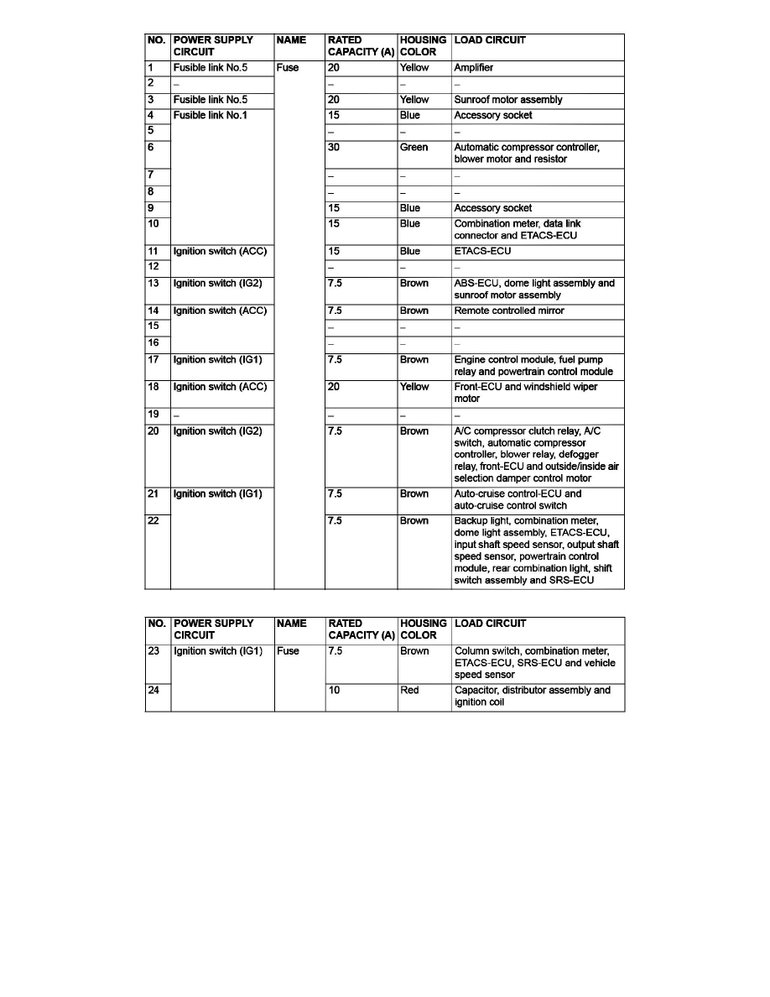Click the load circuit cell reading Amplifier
474,68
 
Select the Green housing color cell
414,148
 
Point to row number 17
153,360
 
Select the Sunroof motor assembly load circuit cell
508,100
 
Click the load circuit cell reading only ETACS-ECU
482,251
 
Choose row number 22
153,521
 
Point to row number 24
153,691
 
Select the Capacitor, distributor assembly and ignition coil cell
533,697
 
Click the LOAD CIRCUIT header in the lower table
490,624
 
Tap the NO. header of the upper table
157,40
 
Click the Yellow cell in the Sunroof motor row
414,100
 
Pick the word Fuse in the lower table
288,651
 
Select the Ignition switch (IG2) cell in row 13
217,284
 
